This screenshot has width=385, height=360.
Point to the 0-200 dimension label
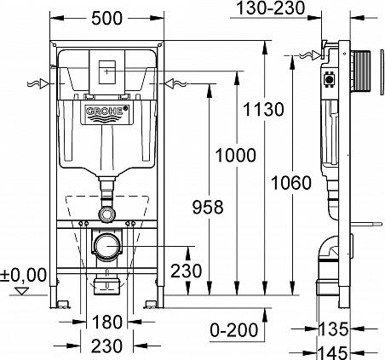tap(233, 329)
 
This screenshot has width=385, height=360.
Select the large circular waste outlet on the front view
tap(106, 249)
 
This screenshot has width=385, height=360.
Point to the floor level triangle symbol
tap(23, 291)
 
